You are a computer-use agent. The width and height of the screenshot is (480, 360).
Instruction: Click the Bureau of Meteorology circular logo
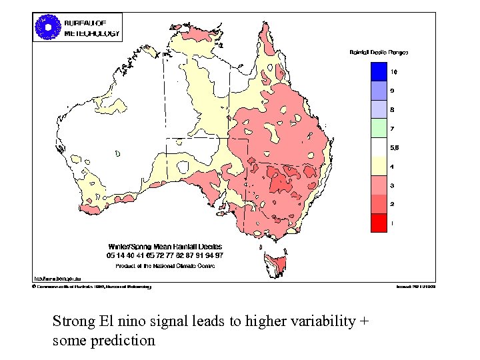click(x=47, y=27)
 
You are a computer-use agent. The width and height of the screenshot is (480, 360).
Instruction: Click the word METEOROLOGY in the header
click(x=92, y=33)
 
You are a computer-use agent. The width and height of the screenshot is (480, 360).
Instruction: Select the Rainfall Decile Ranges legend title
click(x=379, y=51)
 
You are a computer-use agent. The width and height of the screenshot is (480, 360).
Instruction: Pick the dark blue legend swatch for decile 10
click(x=379, y=71)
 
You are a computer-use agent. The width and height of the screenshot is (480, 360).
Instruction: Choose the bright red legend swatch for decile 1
click(x=379, y=223)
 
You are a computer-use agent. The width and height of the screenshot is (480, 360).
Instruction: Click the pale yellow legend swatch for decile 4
click(x=379, y=166)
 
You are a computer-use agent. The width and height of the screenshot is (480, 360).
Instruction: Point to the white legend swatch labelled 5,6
click(x=379, y=147)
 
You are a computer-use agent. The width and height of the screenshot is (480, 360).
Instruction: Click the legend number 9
click(x=393, y=90)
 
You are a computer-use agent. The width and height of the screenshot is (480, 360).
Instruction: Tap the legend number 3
click(x=393, y=185)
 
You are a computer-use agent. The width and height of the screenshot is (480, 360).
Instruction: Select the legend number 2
click(x=393, y=204)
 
